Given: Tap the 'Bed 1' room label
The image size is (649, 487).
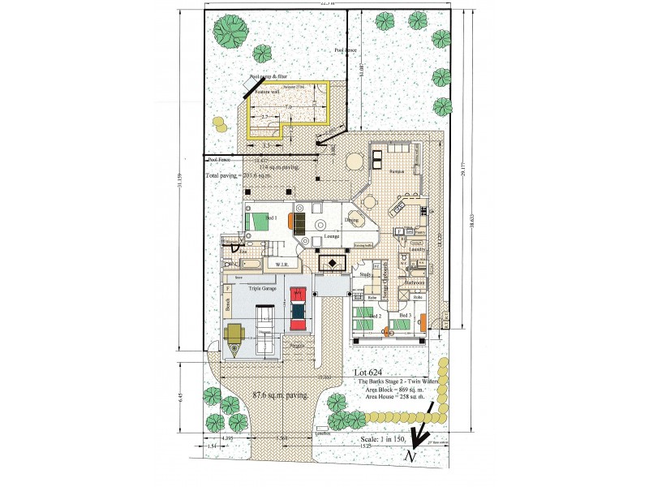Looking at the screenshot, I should tap(272, 218).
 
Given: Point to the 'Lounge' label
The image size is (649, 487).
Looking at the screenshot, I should tap(332, 236).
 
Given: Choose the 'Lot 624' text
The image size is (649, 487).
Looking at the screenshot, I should tap(370, 372).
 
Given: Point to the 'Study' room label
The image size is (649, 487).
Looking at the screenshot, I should tap(366, 274).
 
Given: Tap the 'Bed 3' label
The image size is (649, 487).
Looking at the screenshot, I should tap(406, 314).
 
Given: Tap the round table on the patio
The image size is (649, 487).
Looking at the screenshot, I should tap(355, 162).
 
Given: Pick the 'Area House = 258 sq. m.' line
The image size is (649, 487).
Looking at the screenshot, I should tap(395, 396).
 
